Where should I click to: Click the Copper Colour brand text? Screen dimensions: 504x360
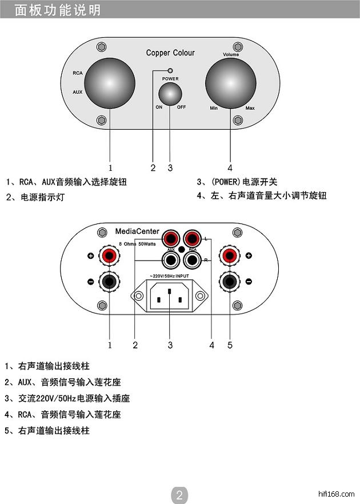(170, 53)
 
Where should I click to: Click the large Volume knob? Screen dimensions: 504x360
(231, 83)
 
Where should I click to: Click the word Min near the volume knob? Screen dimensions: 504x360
(214, 108)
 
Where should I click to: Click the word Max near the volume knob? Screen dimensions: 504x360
(250, 108)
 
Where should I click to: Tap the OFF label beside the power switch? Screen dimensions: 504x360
(181, 107)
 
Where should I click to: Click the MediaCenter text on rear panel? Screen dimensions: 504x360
(137, 231)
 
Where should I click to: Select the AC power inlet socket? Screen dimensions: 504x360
(170, 295)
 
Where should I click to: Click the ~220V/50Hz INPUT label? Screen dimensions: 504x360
(169, 276)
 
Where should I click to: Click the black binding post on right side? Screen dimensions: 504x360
(230, 281)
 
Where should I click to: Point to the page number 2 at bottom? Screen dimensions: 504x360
(179, 495)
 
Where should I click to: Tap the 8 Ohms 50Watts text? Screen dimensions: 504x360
(137, 243)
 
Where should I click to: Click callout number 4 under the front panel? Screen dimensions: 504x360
(230, 168)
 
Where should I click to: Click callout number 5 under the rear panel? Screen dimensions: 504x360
(230, 345)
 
